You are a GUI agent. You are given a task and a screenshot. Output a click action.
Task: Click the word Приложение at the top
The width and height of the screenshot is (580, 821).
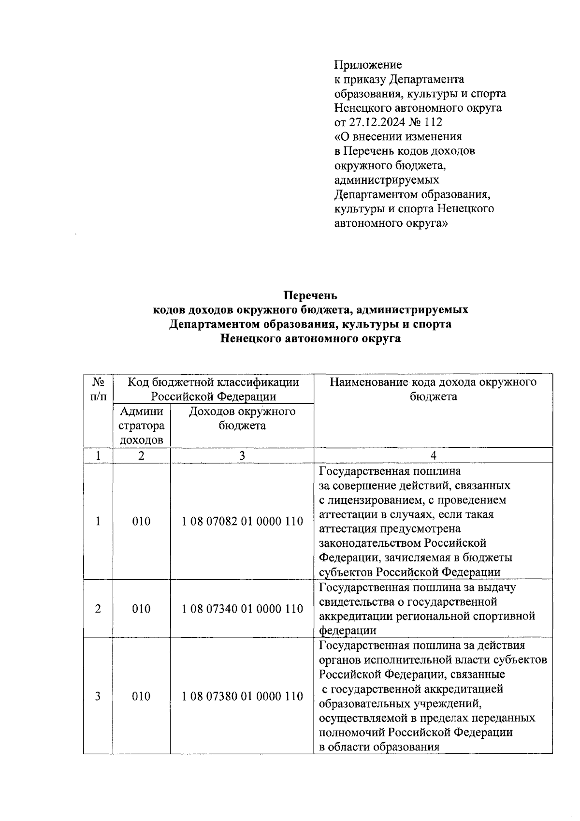(368, 65)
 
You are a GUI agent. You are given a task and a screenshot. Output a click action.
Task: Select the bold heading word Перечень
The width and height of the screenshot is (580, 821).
(310, 295)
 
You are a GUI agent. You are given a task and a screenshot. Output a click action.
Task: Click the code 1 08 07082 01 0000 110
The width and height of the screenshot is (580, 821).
(242, 522)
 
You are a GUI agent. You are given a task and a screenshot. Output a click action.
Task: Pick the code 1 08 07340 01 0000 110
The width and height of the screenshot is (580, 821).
(242, 609)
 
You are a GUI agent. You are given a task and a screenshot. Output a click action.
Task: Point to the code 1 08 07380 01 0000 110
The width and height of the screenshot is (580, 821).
(242, 696)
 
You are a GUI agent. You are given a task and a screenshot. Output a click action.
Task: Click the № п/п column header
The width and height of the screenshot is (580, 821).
(98, 390)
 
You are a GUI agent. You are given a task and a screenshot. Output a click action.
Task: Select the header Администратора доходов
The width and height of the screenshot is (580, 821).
(141, 426)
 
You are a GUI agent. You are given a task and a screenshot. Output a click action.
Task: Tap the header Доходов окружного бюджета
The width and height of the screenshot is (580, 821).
(242, 419)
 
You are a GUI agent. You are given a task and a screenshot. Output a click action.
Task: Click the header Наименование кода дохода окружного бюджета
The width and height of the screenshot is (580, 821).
(433, 390)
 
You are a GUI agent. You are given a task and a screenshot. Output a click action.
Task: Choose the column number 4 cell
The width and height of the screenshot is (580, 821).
(433, 455)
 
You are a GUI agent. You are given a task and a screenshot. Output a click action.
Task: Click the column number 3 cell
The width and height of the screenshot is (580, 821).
(242, 455)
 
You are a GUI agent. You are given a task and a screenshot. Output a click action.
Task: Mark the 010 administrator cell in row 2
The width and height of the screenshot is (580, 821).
(141, 609)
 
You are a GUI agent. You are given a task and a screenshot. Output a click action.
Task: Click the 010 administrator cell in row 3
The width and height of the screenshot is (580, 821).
(141, 696)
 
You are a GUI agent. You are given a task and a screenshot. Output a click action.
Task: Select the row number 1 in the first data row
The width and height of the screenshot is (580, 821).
(98, 522)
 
